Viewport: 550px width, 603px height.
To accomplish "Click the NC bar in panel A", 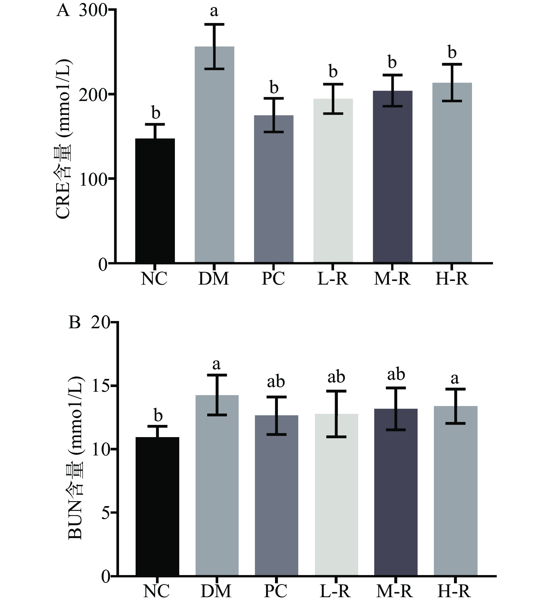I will pyautogui.click(x=155, y=201).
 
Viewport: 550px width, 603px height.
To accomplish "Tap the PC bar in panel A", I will pyautogui.click(x=274, y=189).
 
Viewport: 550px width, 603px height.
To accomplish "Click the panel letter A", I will pyautogui.click(x=63, y=11).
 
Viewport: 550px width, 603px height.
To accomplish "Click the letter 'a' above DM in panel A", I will pyautogui.click(x=214, y=11).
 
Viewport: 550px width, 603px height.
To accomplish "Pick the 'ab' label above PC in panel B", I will pyautogui.click(x=276, y=382).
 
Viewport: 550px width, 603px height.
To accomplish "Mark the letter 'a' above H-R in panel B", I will pyautogui.click(x=455, y=379).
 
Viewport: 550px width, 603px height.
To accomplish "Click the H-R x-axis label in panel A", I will pyautogui.click(x=452, y=279).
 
